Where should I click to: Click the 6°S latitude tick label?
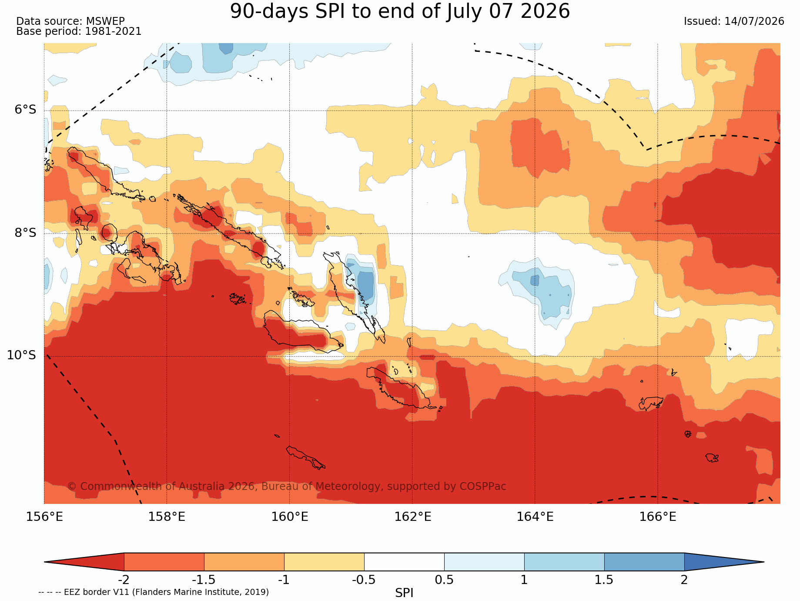[26, 110]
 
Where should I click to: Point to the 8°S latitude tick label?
[26, 233]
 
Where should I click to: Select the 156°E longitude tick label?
[44, 517]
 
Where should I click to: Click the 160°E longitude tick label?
[290, 517]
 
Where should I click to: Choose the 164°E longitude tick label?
[535, 517]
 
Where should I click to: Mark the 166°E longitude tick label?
[658, 517]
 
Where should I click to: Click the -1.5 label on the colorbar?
[204, 580]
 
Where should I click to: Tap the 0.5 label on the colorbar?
[444, 580]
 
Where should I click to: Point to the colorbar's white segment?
[404, 562]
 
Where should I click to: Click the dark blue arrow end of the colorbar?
[724, 562]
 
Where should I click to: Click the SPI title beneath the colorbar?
[404, 593]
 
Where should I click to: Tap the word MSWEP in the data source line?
[105, 21]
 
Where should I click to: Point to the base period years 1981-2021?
[113, 31]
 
